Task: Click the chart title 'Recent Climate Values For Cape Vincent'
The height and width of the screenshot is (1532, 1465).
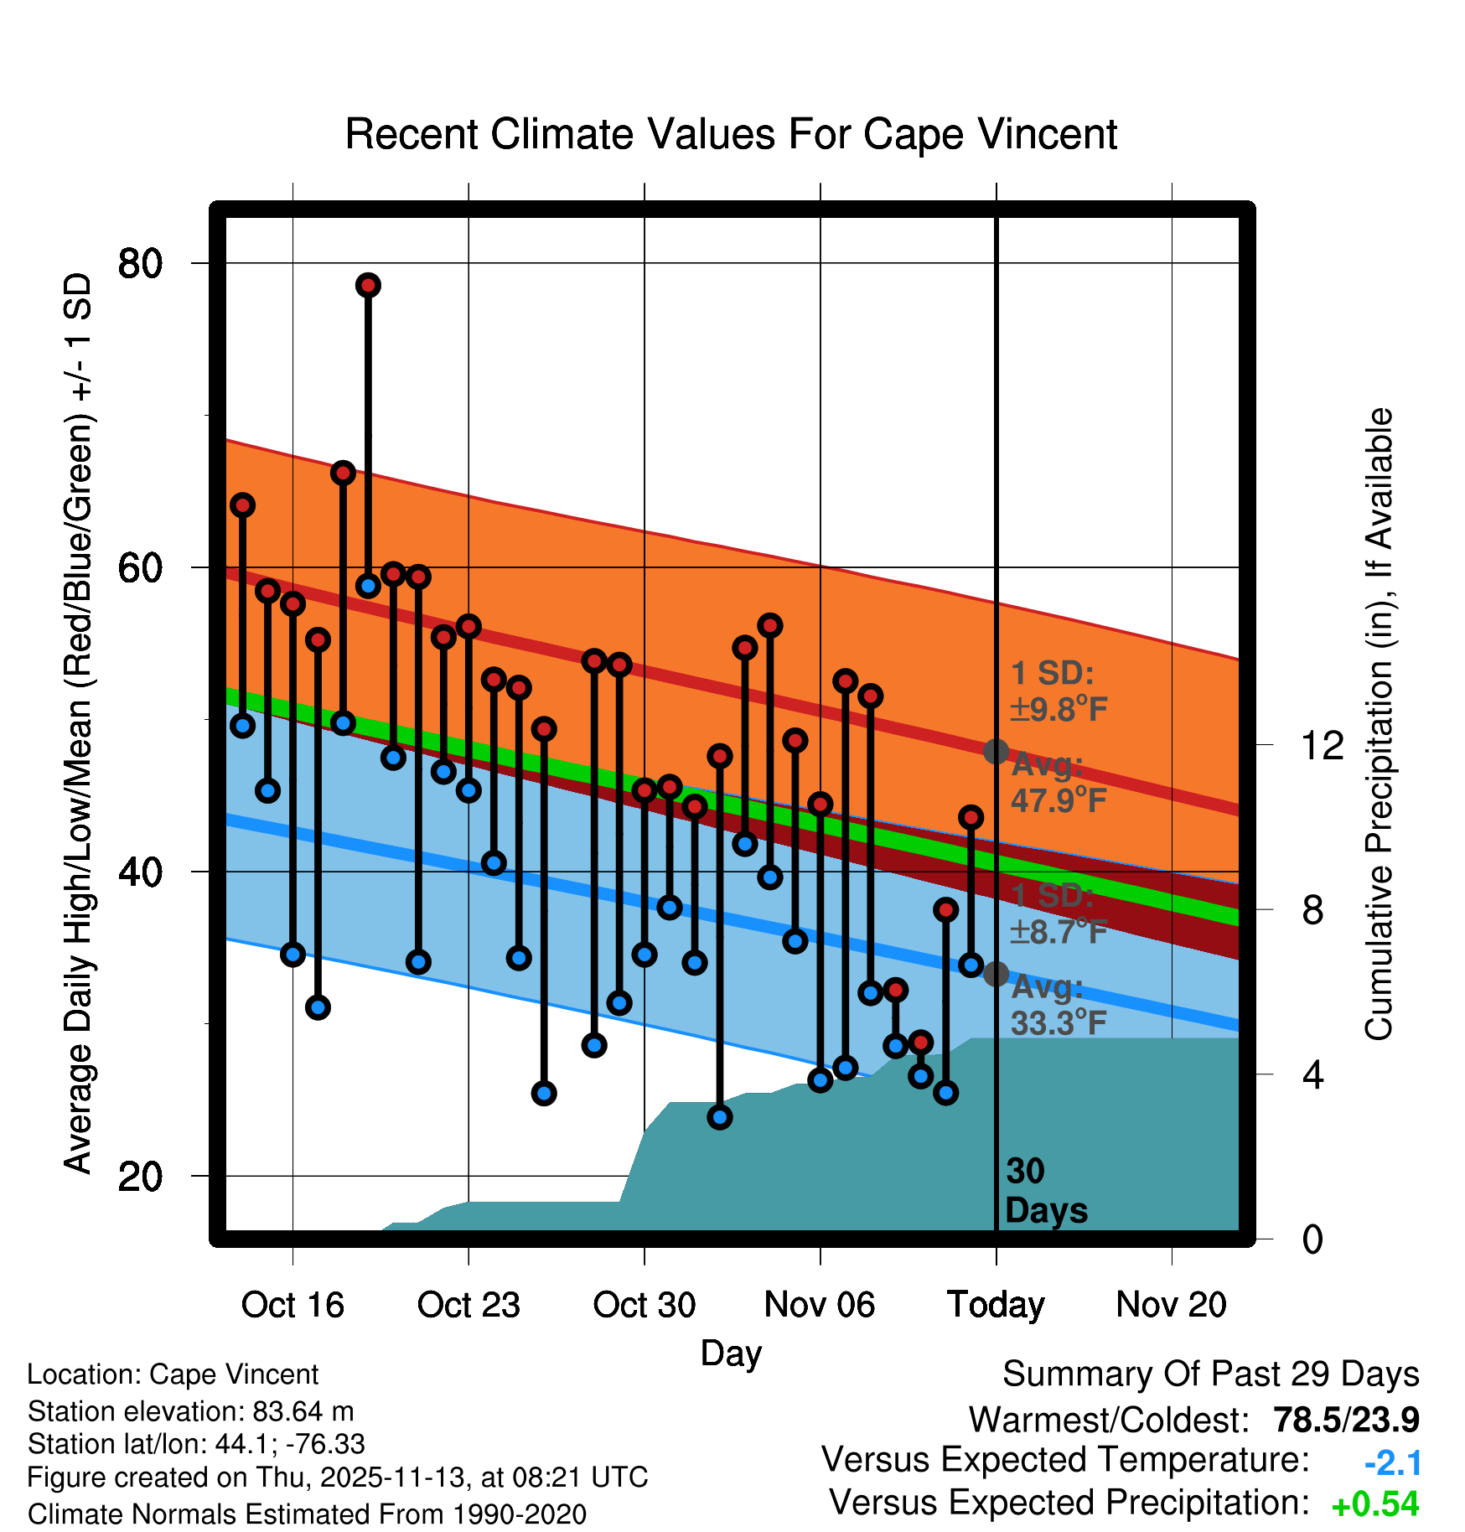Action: [x=731, y=134]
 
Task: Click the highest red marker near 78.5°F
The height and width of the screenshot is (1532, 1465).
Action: [x=368, y=285]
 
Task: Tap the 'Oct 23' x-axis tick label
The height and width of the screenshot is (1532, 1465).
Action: [x=468, y=1305]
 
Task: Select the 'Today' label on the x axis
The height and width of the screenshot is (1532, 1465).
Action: [x=996, y=1305]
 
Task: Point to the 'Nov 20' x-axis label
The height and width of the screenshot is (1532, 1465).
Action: [x=1171, y=1305]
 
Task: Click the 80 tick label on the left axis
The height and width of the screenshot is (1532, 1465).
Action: [x=140, y=263]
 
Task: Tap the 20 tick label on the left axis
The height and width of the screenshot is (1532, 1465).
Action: [x=140, y=1176]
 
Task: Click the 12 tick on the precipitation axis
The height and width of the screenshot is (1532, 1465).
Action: [x=1322, y=745]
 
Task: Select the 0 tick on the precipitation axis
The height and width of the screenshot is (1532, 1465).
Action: [x=1312, y=1239]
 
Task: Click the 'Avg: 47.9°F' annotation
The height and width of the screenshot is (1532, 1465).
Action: [x=1058, y=783]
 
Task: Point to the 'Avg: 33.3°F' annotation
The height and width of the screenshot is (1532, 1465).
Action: [x=1058, y=1005]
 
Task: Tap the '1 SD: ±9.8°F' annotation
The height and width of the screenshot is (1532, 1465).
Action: [x=1058, y=691]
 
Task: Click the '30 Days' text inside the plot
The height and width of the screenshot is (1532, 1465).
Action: [x=1045, y=1191]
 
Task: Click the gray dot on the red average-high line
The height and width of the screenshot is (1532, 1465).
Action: [x=996, y=751]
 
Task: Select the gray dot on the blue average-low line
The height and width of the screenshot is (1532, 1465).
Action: [x=996, y=974]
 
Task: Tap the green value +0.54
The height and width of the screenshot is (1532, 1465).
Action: [x=1374, y=1504]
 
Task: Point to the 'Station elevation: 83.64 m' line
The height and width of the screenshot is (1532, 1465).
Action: [x=190, y=1411]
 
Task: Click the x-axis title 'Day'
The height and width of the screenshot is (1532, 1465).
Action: [x=731, y=1353]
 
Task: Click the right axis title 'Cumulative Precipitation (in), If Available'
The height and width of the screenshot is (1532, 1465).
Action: [x=1379, y=724]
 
